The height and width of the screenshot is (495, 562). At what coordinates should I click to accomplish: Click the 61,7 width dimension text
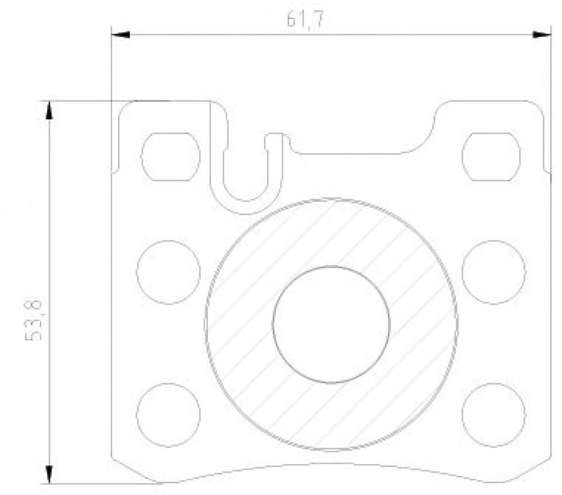click(305, 20)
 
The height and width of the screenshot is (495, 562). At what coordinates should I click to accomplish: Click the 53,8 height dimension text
click(34, 320)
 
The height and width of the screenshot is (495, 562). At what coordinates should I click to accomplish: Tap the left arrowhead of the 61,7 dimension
click(120, 35)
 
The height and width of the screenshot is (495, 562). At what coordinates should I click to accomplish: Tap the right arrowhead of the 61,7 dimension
click(542, 35)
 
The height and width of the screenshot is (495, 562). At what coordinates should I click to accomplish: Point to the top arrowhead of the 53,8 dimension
click(49, 110)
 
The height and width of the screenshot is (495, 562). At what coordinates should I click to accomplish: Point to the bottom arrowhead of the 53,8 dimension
click(49, 475)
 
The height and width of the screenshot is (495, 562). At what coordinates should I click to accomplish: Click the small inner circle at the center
click(331, 325)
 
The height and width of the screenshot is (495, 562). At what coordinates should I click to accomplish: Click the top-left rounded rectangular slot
click(171, 157)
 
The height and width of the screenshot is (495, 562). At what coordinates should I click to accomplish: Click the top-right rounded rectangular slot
click(491, 157)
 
